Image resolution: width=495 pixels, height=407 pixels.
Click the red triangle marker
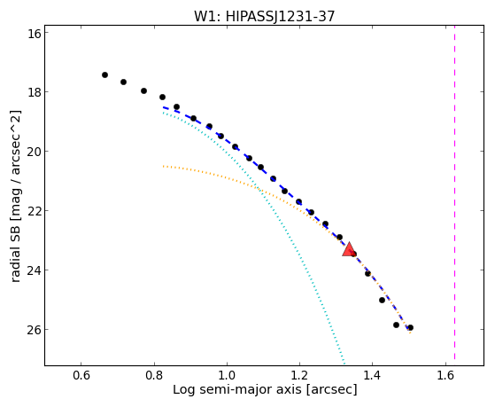[349, 249]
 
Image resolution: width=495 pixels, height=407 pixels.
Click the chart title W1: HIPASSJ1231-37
[264, 16]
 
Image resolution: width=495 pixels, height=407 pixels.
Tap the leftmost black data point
[104, 75]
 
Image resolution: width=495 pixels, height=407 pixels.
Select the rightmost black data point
[410, 327]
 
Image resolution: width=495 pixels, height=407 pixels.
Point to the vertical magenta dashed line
[454, 193]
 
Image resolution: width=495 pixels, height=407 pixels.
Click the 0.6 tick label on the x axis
[81, 375]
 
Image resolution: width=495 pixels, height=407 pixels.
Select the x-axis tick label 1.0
[227, 375]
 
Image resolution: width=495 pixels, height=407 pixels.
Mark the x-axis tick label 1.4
[373, 375]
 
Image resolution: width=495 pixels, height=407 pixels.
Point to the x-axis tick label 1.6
[445, 375]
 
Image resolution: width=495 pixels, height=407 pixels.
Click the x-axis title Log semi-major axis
[237, 390]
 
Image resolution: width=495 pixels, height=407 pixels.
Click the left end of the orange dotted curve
[163, 166]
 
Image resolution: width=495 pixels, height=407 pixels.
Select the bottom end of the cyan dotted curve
[344, 364]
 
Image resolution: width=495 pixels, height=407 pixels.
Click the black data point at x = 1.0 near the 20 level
[235, 146]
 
